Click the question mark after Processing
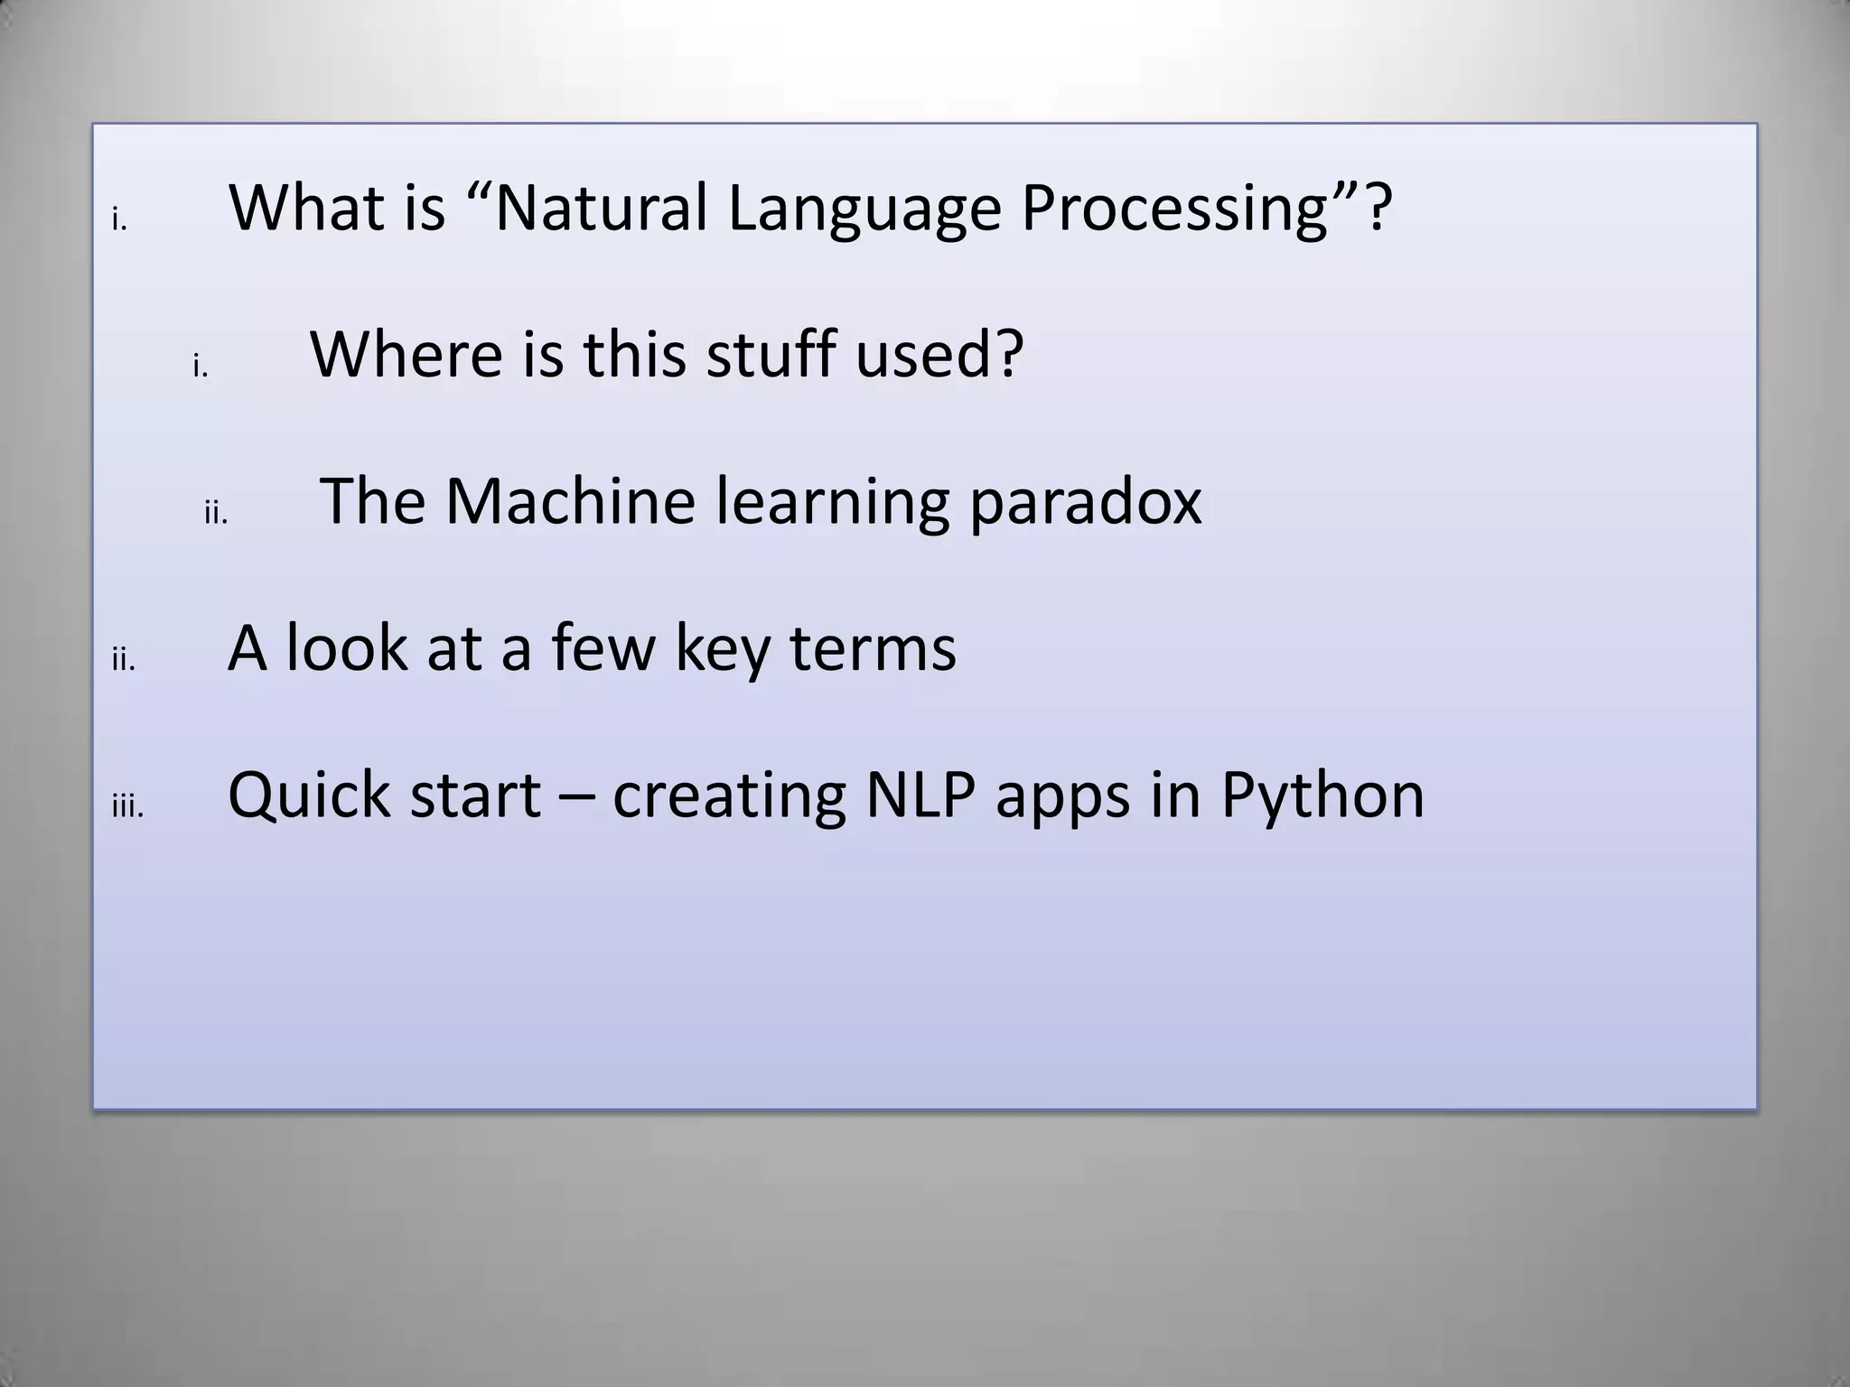click(1378, 208)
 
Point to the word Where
click(406, 354)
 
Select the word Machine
click(570, 501)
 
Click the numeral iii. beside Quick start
click(127, 807)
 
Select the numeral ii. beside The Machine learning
click(216, 515)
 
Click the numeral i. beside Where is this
click(201, 368)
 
